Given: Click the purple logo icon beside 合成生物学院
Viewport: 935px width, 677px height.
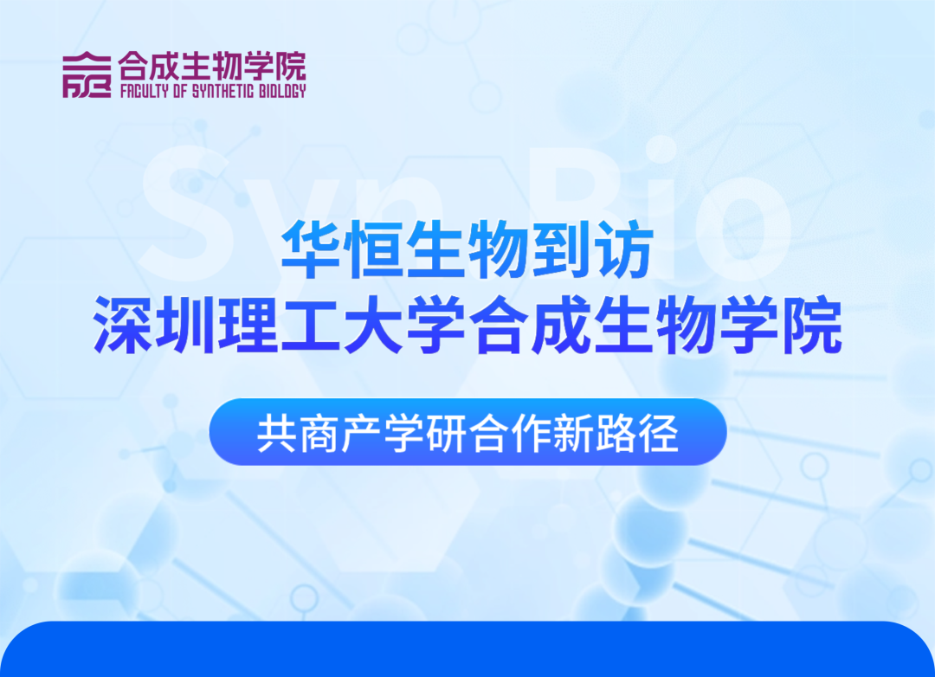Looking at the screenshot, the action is click(87, 74).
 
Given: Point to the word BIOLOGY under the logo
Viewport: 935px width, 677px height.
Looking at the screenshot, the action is click(282, 91).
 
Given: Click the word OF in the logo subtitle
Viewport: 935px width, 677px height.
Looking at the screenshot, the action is click(180, 91).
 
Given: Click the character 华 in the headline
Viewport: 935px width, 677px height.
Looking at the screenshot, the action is click(312, 248).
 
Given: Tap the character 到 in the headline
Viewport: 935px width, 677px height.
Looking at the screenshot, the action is click(561, 248).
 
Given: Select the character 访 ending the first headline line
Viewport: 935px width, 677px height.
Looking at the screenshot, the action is click(623, 248).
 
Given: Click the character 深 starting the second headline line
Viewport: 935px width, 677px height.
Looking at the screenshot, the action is click(124, 325).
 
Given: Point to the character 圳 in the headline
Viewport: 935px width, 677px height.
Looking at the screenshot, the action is click(186, 325).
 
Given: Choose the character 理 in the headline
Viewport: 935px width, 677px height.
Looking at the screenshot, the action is click(248, 325).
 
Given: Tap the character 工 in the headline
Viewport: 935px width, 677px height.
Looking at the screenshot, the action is click(312, 325).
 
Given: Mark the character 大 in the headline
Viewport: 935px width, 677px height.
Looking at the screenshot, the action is click(374, 325).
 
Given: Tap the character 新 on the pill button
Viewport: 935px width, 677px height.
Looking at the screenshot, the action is click(574, 433).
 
